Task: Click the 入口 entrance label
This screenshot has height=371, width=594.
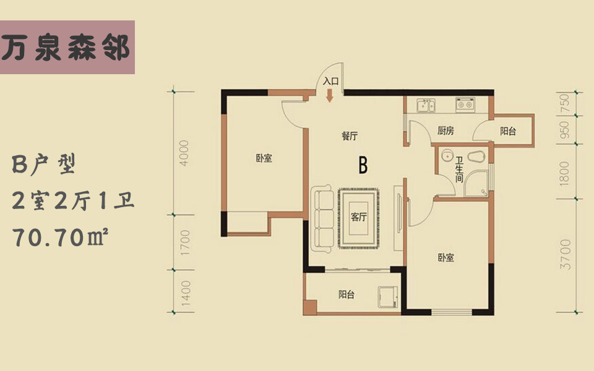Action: pos(330,81)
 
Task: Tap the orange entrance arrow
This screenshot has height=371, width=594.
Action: pos(330,95)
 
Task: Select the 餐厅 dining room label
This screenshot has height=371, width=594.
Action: pos(350,136)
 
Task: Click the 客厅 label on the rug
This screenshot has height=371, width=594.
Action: pos(358,217)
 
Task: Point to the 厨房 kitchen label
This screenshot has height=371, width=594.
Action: pos(445,130)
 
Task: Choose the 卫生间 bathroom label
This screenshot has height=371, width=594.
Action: pos(459,169)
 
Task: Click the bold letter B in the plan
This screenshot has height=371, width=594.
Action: pos(363,165)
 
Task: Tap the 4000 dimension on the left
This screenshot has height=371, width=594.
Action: pos(184,153)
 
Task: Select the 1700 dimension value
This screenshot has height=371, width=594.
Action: pos(184,242)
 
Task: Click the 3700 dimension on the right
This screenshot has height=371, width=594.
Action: pos(565,254)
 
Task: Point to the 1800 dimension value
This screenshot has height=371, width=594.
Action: pos(564,173)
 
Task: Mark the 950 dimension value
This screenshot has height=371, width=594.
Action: pos(564,129)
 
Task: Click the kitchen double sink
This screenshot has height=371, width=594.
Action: pos(426,105)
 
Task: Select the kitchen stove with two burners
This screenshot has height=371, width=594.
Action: pos(465,104)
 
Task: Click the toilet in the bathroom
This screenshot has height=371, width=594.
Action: pos(476,156)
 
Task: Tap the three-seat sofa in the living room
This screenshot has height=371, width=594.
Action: pos(322,218)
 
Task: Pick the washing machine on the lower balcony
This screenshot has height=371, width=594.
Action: pos(387,297)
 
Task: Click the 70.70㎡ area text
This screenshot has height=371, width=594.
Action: pos(61,237)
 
